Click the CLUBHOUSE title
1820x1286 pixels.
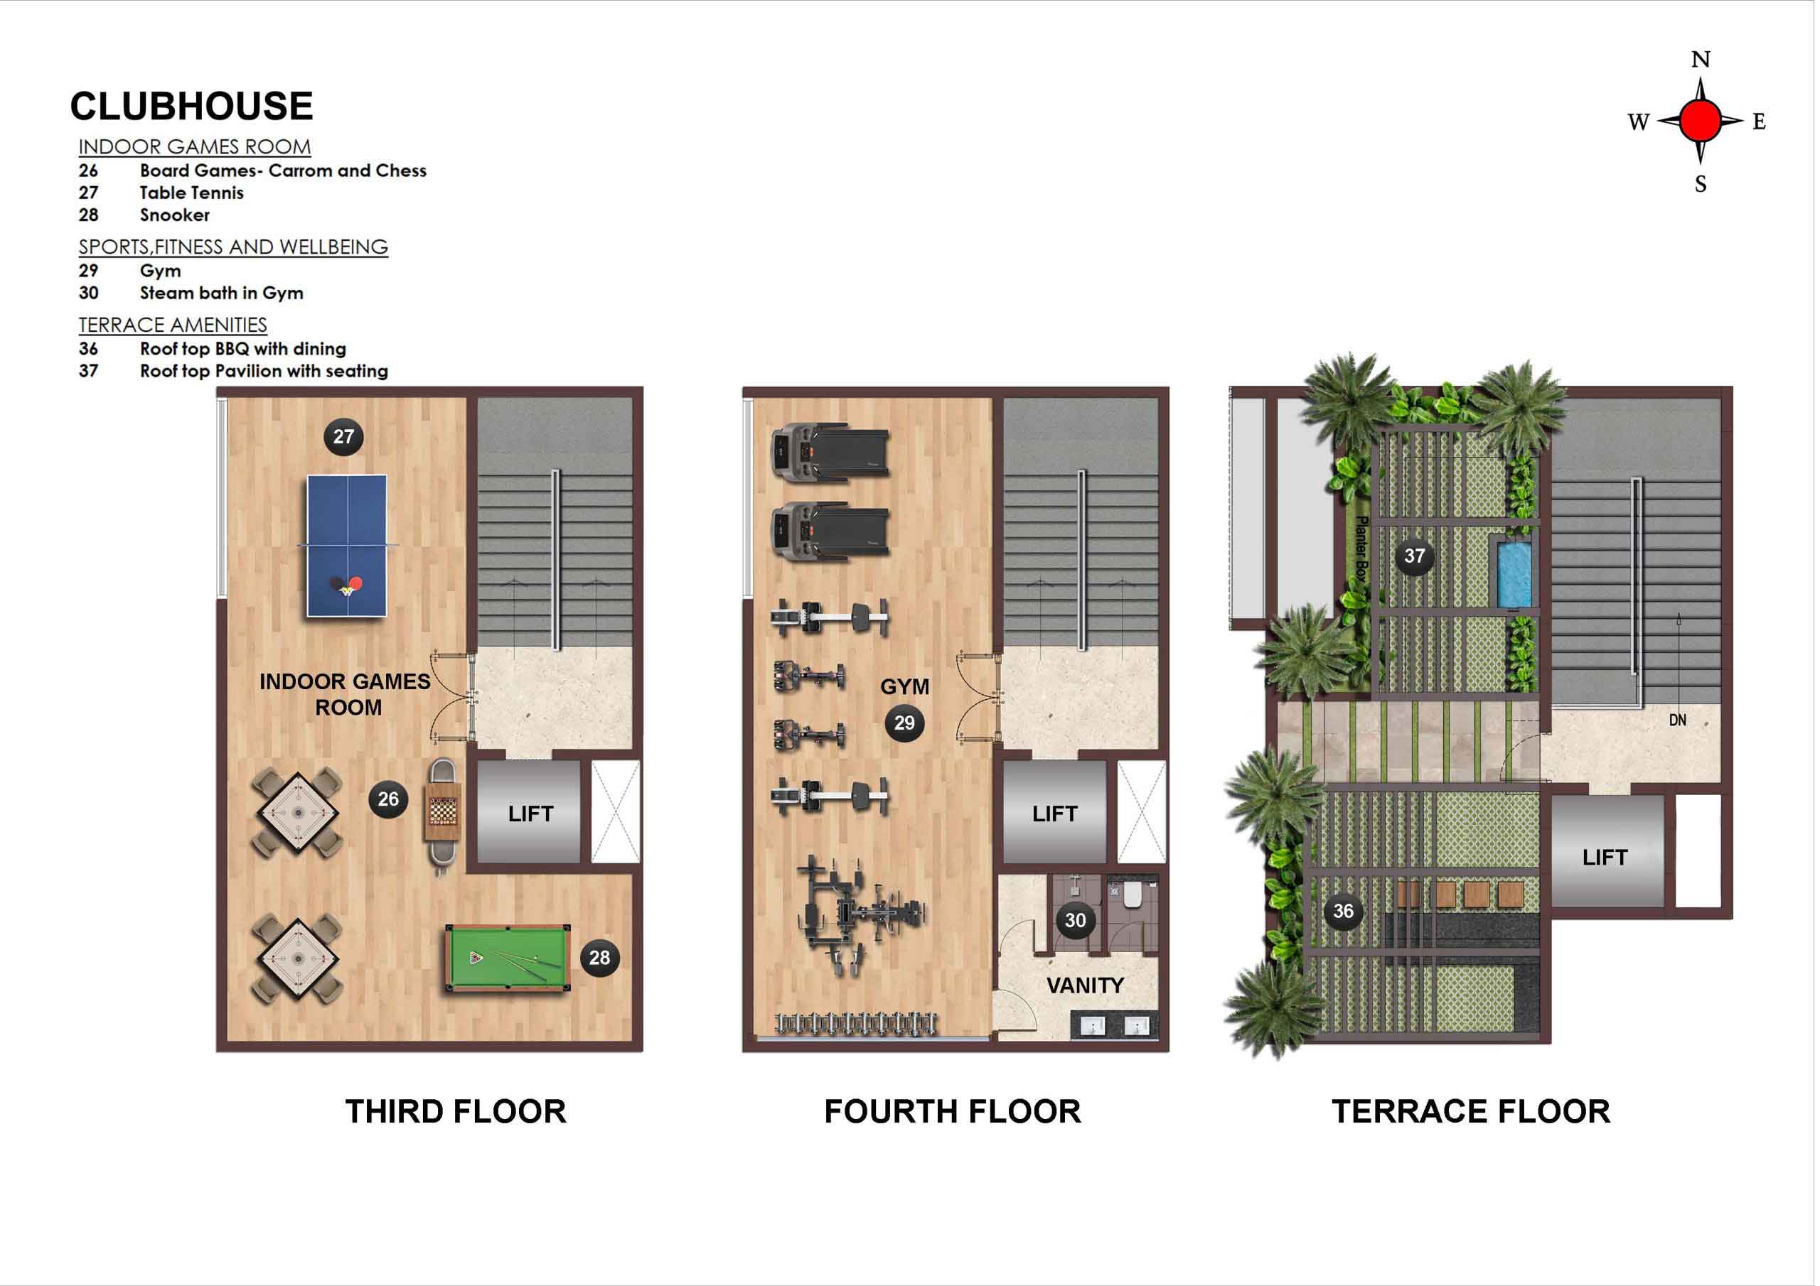(192, 106)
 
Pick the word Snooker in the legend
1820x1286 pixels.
(175, 215)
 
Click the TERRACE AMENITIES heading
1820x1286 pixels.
(173, 325)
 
